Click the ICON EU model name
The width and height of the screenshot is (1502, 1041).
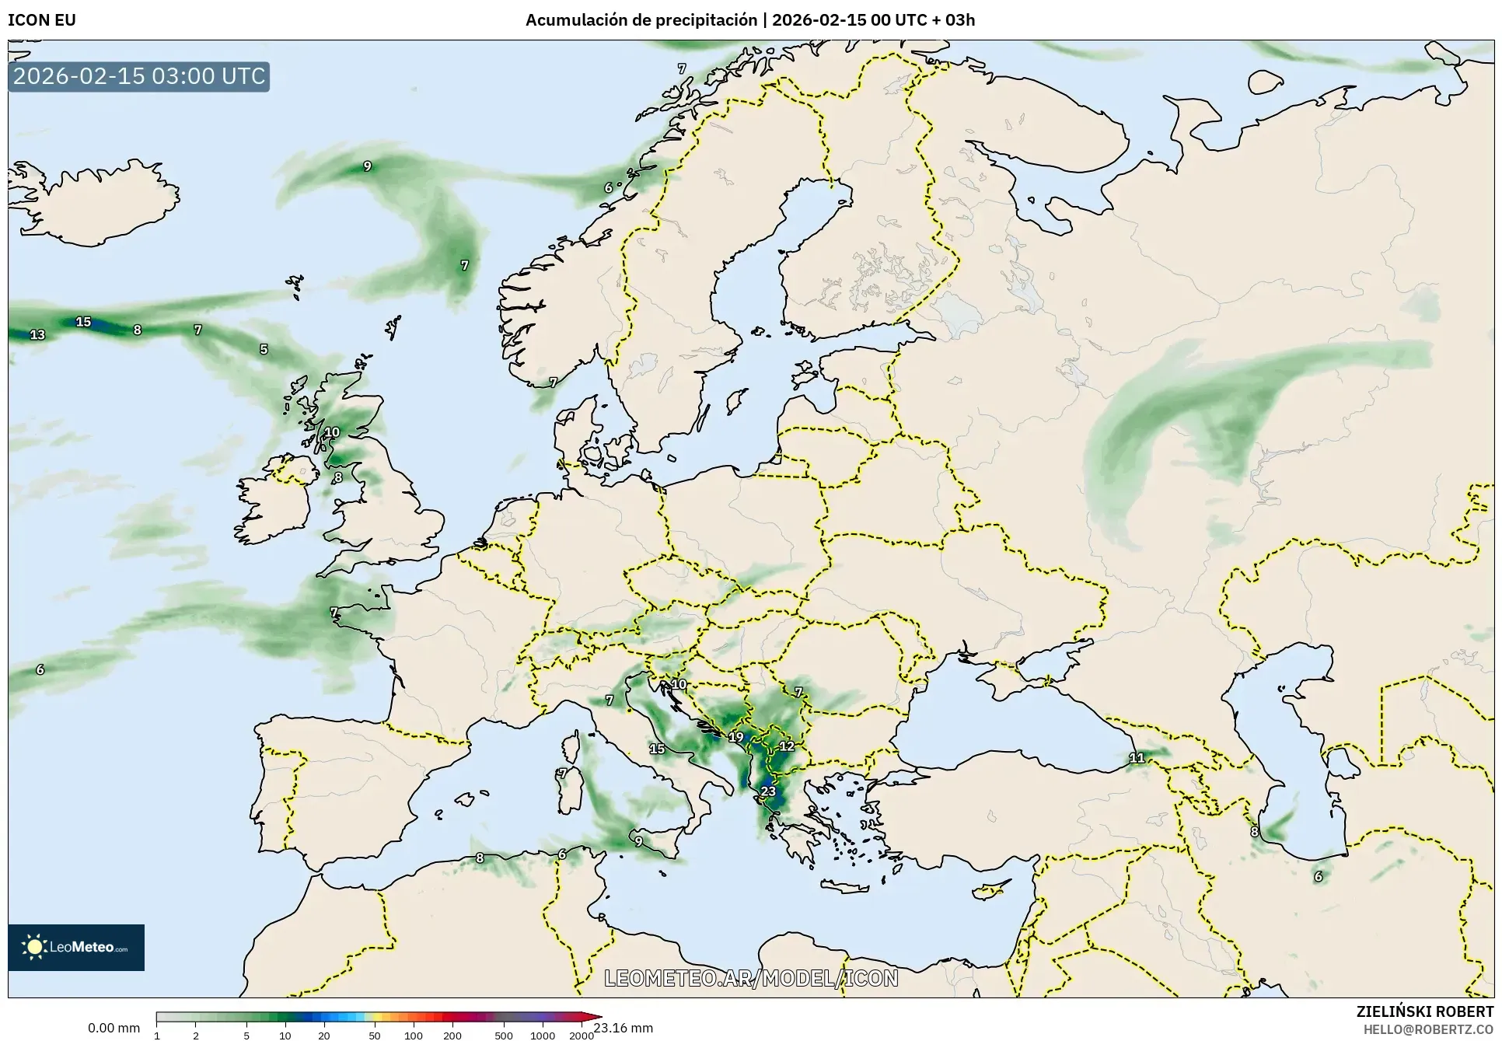coord(42,20)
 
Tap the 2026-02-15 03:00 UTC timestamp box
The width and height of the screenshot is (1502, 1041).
coord(139,76)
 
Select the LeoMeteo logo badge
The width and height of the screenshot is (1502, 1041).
coord(76,947)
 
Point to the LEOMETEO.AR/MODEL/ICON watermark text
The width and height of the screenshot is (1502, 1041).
coord(751,978)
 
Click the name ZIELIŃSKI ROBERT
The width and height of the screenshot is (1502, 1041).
coord(1424,1011)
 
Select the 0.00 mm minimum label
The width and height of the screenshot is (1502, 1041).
coord(114,1028)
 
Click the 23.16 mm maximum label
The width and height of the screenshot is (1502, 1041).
coord(623,1028)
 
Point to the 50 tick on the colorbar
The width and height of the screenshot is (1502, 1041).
coord(375,1036)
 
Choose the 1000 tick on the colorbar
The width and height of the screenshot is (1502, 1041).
coord(542,1036)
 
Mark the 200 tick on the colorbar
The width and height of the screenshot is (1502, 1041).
coord(452,1036)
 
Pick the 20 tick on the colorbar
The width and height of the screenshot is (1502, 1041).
coord(323,1036)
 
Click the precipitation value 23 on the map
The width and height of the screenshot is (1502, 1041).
coord(768,791)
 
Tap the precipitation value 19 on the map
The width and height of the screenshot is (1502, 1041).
coord(735,737)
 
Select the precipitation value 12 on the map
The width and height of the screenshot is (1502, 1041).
coord(787,746)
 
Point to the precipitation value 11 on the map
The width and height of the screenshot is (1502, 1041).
coord(1137,757)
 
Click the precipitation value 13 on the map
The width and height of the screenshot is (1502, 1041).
coord(37,335)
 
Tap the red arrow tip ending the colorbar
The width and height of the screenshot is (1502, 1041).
coord(596,1016)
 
